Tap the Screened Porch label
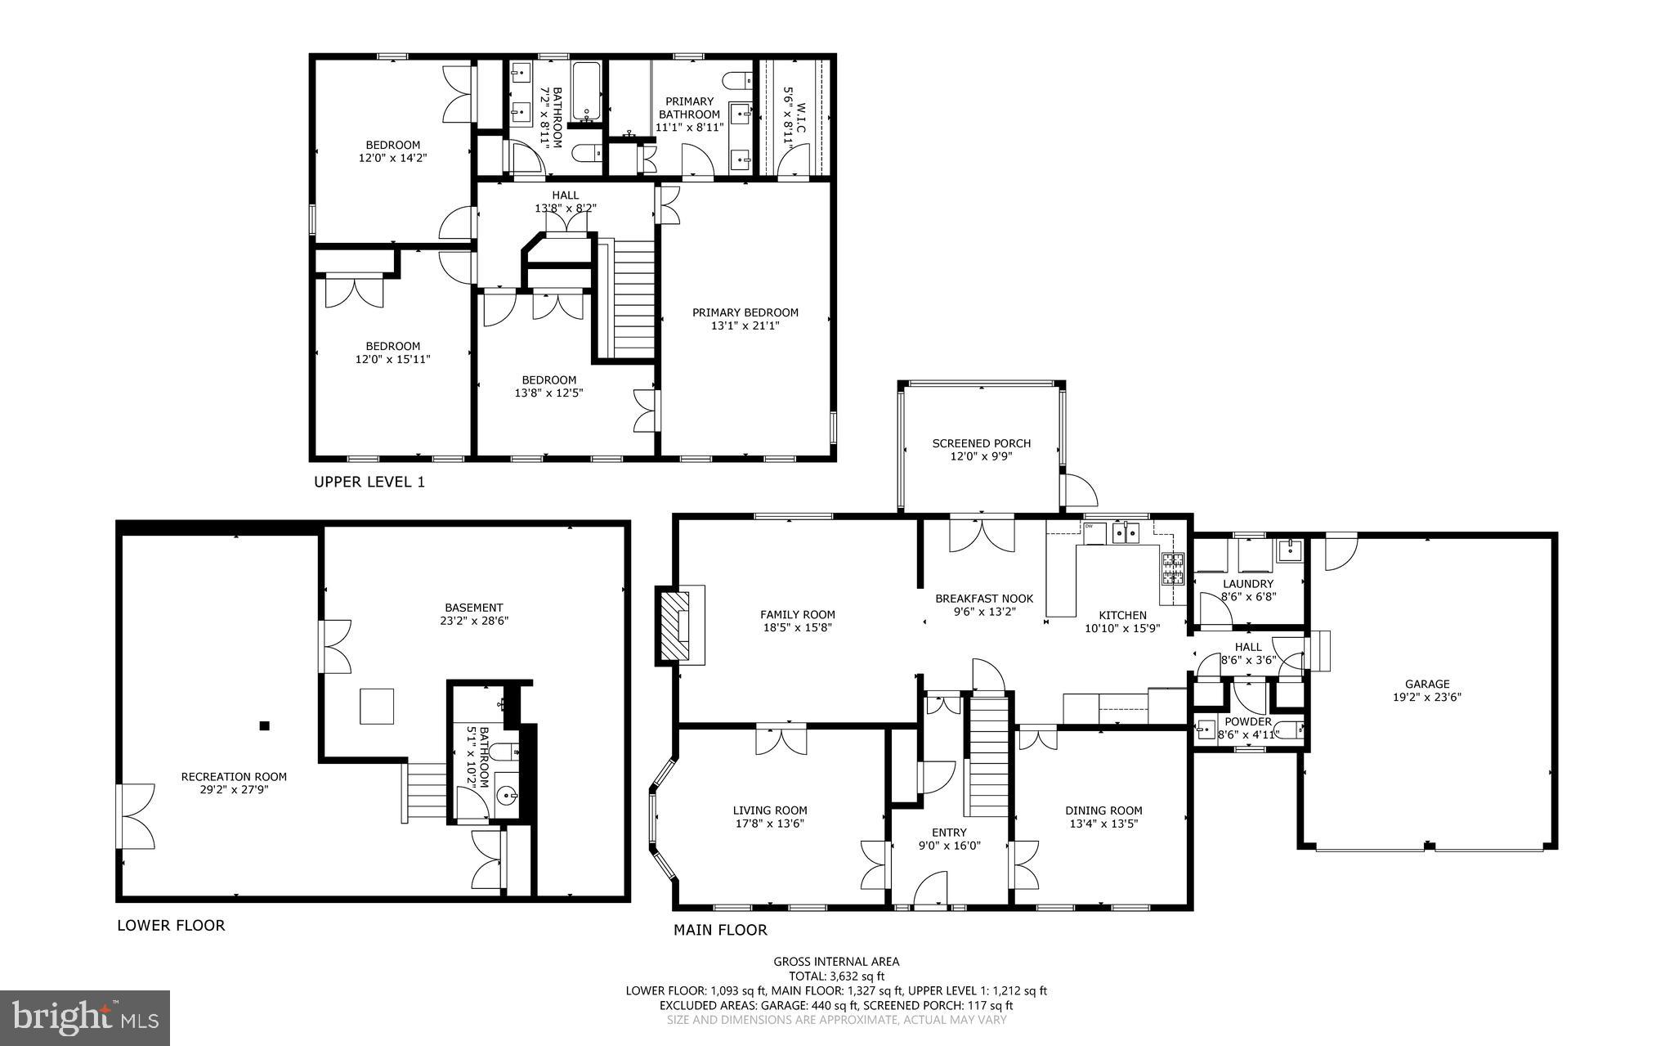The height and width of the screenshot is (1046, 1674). [981, 443]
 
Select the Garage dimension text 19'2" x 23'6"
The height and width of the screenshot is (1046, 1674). [1427, 698]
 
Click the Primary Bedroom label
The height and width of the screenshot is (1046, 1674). [745, 312]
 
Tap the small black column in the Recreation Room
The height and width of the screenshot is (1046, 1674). [264, 725]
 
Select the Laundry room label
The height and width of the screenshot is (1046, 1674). [1247, 584]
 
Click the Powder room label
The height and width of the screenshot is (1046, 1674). [1247, 721]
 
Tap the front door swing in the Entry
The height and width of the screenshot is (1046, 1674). [931, 889]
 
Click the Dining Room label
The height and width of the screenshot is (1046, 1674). [1103, 810]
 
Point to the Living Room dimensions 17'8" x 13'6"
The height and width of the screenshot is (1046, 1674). [769, 824]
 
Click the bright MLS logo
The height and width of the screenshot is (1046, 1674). [85, 1017]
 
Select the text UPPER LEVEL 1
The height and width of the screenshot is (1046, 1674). [369, 483]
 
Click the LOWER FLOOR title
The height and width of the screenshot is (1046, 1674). [171, 926]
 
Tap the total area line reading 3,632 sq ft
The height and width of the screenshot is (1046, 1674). [836, 976]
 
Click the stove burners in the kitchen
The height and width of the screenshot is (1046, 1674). [1173, 568]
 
